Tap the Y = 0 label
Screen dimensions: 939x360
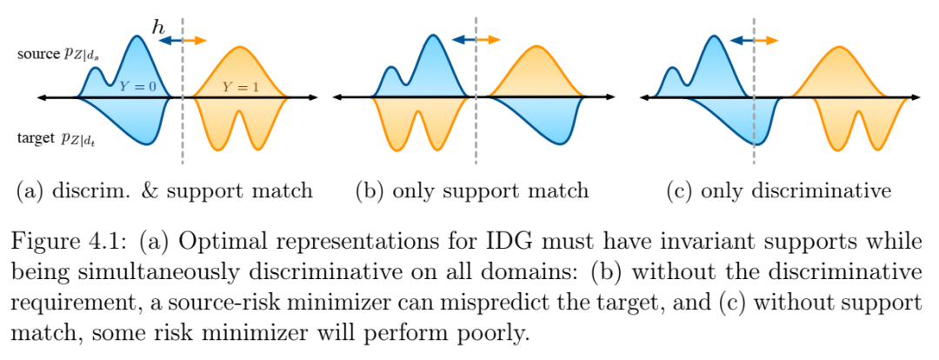[x=137, y=86]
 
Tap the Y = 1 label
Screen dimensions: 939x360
[x=241, y=86]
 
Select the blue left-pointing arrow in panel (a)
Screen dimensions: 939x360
[x=170, y=40]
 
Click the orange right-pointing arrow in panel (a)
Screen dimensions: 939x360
[x=195, y=40]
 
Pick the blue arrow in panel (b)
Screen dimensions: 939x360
[x=463, y=39]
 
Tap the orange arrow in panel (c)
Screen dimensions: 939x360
[x=766, y=40]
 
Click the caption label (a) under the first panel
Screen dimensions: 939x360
[x=30, y=191]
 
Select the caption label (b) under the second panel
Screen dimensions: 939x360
[x=368, y=191]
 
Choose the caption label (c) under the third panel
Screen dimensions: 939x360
[x=678, y=191]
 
